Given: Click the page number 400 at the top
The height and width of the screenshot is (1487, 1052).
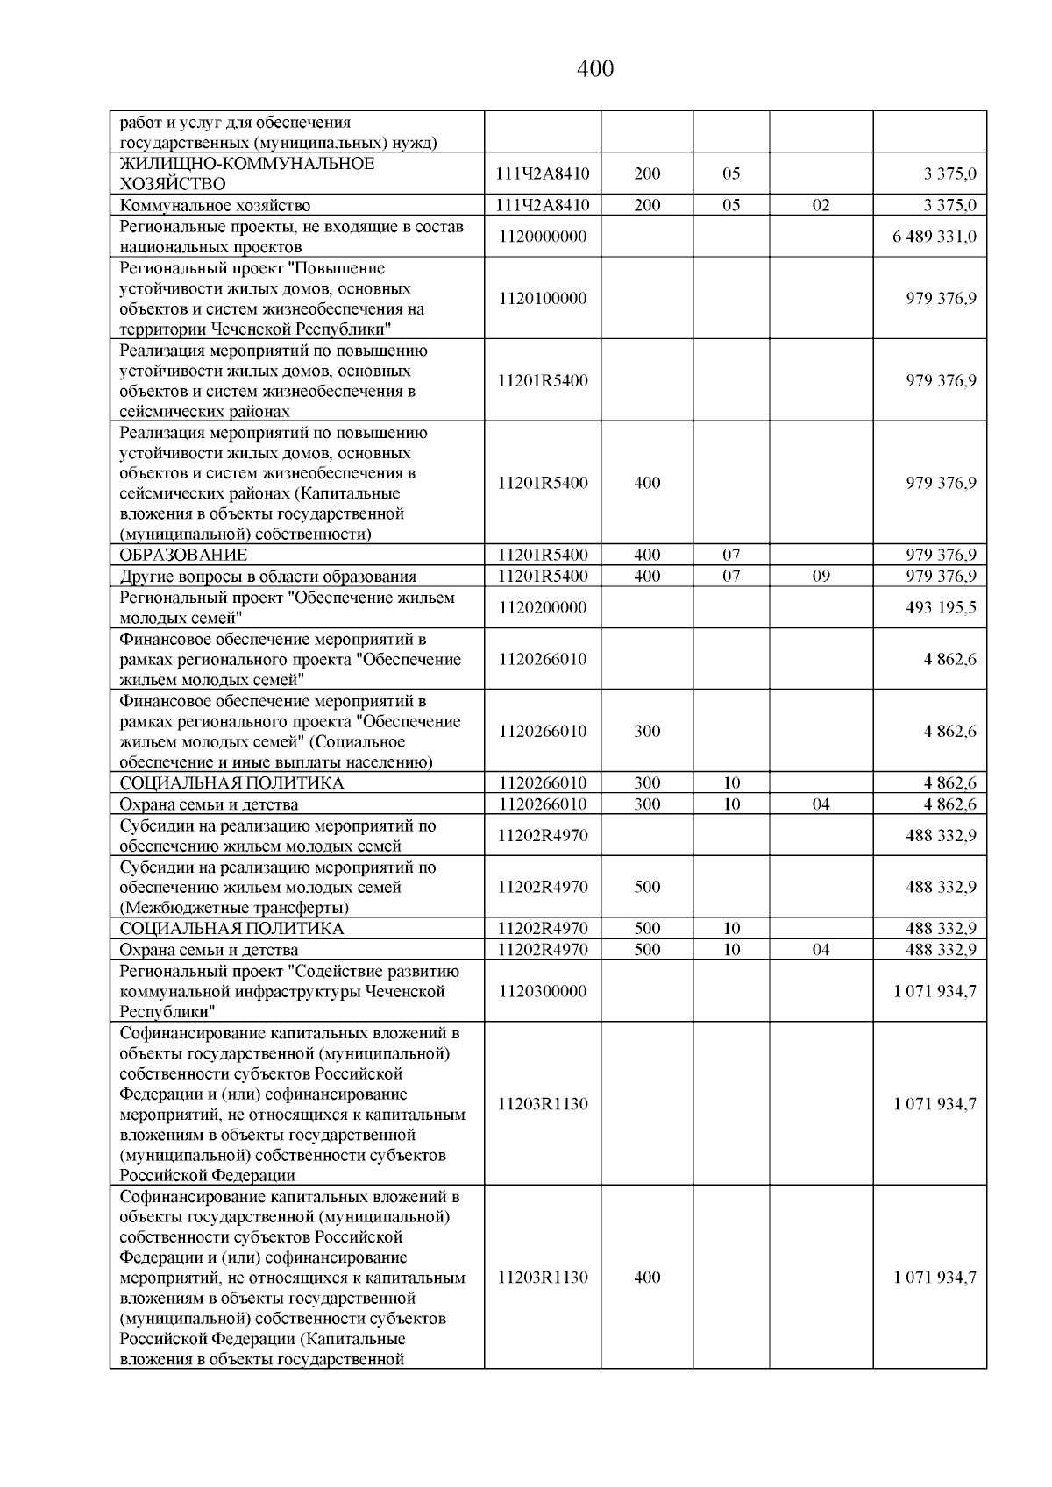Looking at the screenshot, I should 595,68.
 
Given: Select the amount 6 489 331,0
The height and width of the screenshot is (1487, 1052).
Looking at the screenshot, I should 935,237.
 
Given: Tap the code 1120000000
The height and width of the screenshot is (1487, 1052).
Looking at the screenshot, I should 543,237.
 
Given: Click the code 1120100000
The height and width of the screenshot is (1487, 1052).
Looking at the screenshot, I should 543,298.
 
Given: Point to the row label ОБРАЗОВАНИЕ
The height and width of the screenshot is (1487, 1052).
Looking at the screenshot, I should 183,555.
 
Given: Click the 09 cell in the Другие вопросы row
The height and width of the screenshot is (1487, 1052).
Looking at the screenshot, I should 821,576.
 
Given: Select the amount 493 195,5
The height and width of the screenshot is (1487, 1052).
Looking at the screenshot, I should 941,607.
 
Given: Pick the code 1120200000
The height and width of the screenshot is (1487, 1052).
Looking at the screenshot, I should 543,607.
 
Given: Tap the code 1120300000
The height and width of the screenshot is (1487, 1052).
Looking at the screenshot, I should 543,991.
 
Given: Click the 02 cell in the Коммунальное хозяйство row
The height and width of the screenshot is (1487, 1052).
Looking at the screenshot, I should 821,205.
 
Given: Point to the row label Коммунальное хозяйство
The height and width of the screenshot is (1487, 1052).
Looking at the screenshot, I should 215,205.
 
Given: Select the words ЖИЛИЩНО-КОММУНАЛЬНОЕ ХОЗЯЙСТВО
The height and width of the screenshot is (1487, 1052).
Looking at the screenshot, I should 246,173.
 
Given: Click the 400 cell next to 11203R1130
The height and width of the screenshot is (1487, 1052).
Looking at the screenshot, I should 647,1277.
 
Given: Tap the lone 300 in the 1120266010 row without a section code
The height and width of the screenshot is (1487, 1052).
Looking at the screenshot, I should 647,731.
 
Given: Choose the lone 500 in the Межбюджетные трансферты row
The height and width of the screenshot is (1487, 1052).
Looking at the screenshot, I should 647,887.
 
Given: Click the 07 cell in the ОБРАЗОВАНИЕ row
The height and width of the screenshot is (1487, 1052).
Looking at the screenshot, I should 731,555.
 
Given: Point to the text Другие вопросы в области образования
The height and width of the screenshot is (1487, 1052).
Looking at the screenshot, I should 267,576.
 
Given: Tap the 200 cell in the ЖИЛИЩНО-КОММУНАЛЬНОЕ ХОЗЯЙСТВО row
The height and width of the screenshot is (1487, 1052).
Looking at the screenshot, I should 647,173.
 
